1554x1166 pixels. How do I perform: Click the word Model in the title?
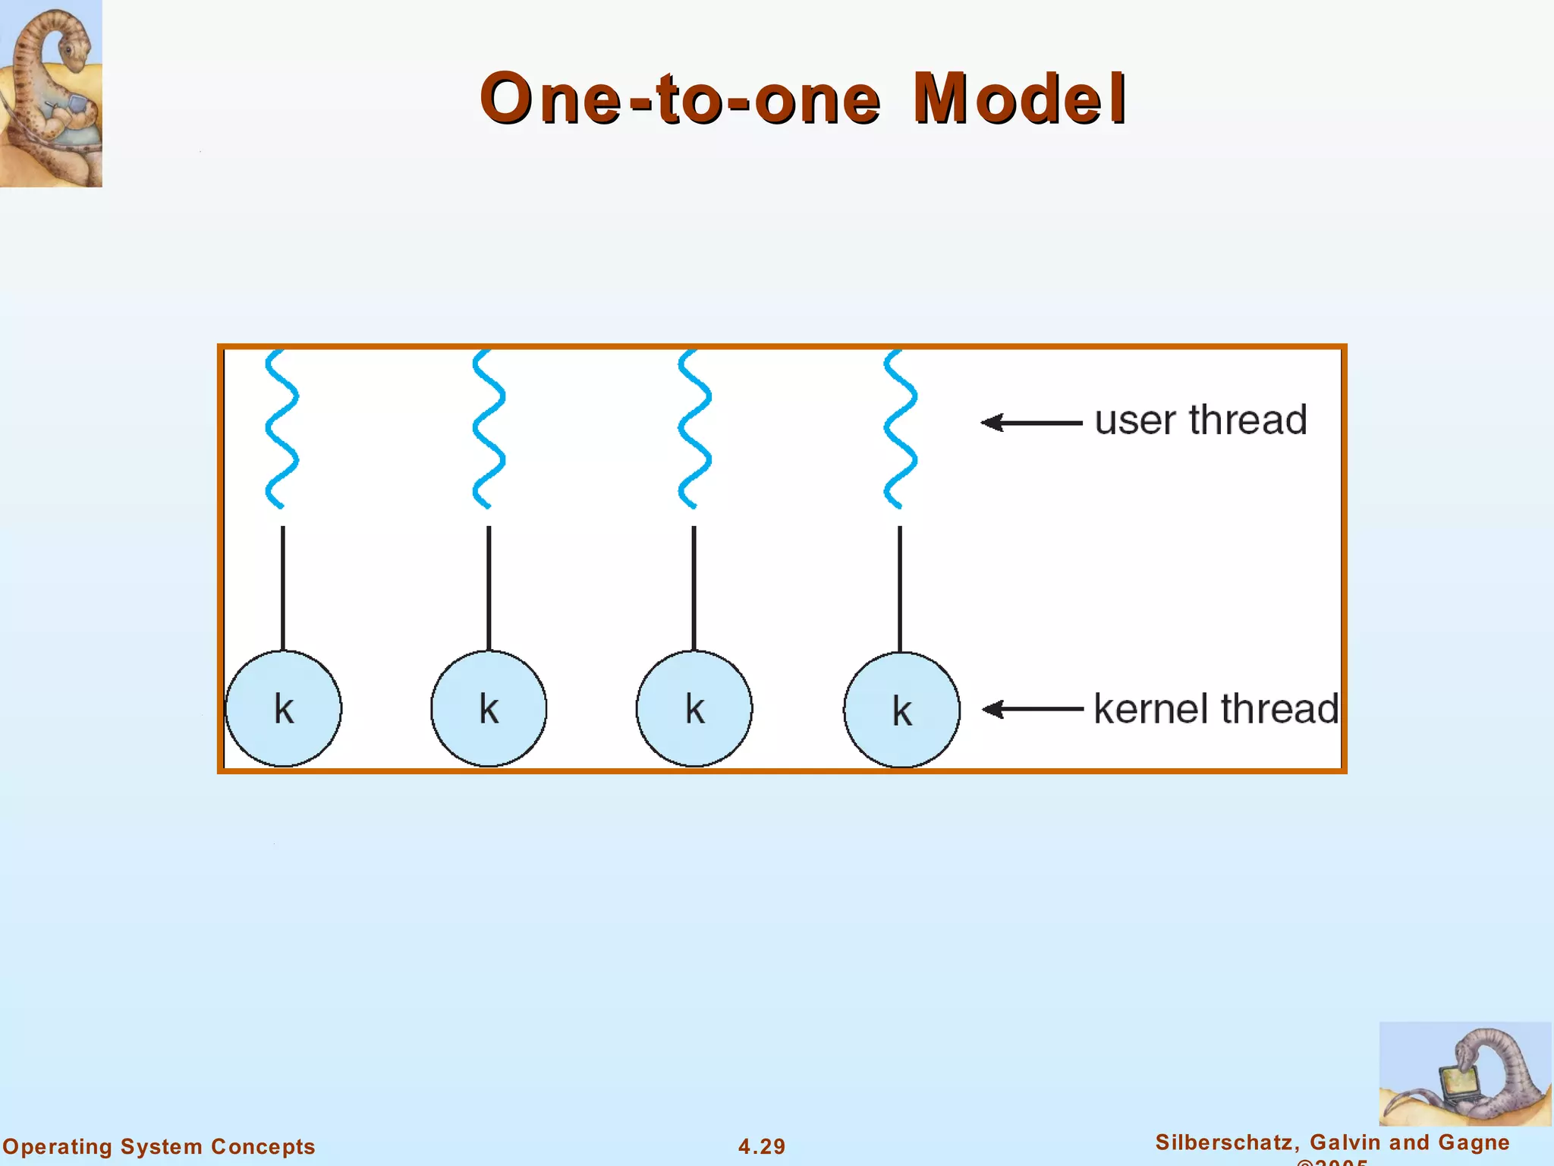(1019, 99)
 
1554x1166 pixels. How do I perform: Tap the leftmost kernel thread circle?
(283, 708)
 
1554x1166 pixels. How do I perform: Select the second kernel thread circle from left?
(489, 708)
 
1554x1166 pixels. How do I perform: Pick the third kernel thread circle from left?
(694, 708)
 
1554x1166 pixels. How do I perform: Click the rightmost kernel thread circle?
(901, 710)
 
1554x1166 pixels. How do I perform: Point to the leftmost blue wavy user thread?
(282, 429)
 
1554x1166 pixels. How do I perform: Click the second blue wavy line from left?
(489, 429)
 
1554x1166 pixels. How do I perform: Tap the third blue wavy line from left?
(694, 429)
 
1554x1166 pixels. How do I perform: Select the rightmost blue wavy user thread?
(901, 429)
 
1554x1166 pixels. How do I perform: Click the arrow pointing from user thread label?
(1032, 422)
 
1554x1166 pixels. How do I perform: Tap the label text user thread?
(1200, 420)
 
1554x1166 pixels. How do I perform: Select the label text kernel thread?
(1216, 708)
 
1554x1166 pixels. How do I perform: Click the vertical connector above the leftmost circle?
(283, 588)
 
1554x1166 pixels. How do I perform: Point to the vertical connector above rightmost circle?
(900, 588)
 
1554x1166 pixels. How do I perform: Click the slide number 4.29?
(762, 1146)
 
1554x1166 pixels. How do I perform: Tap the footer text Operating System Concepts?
(159, 1146)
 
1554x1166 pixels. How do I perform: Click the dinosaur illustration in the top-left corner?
(50, 93)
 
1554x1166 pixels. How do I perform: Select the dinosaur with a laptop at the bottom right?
(1464, 1074)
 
